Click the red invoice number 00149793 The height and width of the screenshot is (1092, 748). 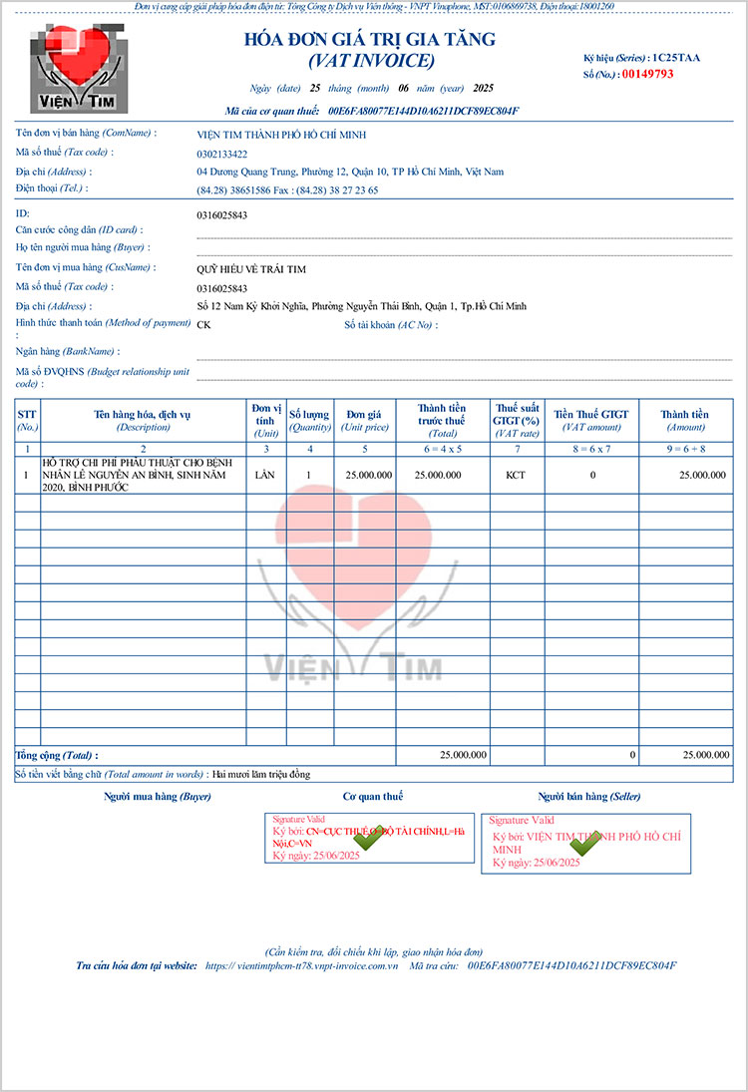(x=647, y=74)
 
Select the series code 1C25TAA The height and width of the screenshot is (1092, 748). (x=676, y=58)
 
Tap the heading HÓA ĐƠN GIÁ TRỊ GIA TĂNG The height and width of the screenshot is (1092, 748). (x=370, y=41)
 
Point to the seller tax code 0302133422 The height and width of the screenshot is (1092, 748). (x=222, y=155)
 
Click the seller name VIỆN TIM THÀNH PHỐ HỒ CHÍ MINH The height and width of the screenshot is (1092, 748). (x=282, y=134)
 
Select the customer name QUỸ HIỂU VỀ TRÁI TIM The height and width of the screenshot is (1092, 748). (x=251, y=269)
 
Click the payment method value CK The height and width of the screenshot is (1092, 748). (x=203, y=325)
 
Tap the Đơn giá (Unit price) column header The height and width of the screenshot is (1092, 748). (x=367, y=420)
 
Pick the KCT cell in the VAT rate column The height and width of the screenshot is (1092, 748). (x=515, y=475)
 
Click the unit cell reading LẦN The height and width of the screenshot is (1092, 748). (x=264, y=475)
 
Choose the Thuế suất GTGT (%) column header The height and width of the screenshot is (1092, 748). (x=517, y=420)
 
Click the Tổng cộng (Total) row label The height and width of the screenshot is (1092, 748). (x=57, y=756)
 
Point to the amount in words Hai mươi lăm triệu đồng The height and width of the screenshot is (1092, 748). (x=262, y=775)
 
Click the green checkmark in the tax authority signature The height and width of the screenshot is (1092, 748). (x=368, y=838)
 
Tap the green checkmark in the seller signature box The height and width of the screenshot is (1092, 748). (x=582, y=844)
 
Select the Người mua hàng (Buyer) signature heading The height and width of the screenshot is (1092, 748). (x=158, y=797)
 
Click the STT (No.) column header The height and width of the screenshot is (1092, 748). (x=27, y=420)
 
